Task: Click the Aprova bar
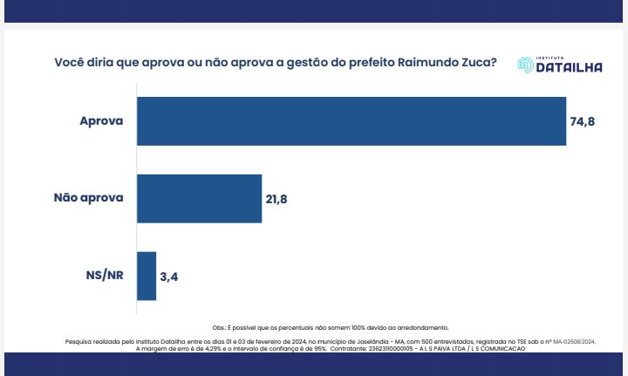click(x=352, y=120)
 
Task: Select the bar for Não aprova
click(x=200, y=198)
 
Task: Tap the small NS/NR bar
click(x=147, y=276)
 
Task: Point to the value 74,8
click(x=583, y=121)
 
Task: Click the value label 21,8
click(x=276, y=199)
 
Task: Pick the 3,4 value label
click(x=169, y=277)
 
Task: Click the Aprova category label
click(x=102, y=120)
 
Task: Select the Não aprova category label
click(x=89, y=197)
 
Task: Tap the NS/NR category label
click(x=103, y=276)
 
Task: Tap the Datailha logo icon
click(x=525, y=65)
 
